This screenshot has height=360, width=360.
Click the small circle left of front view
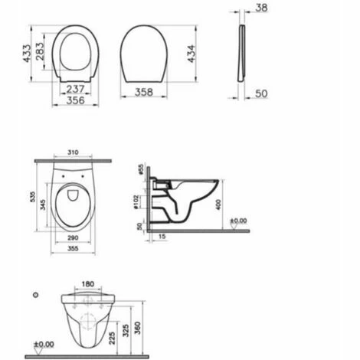tap(35, 295)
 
